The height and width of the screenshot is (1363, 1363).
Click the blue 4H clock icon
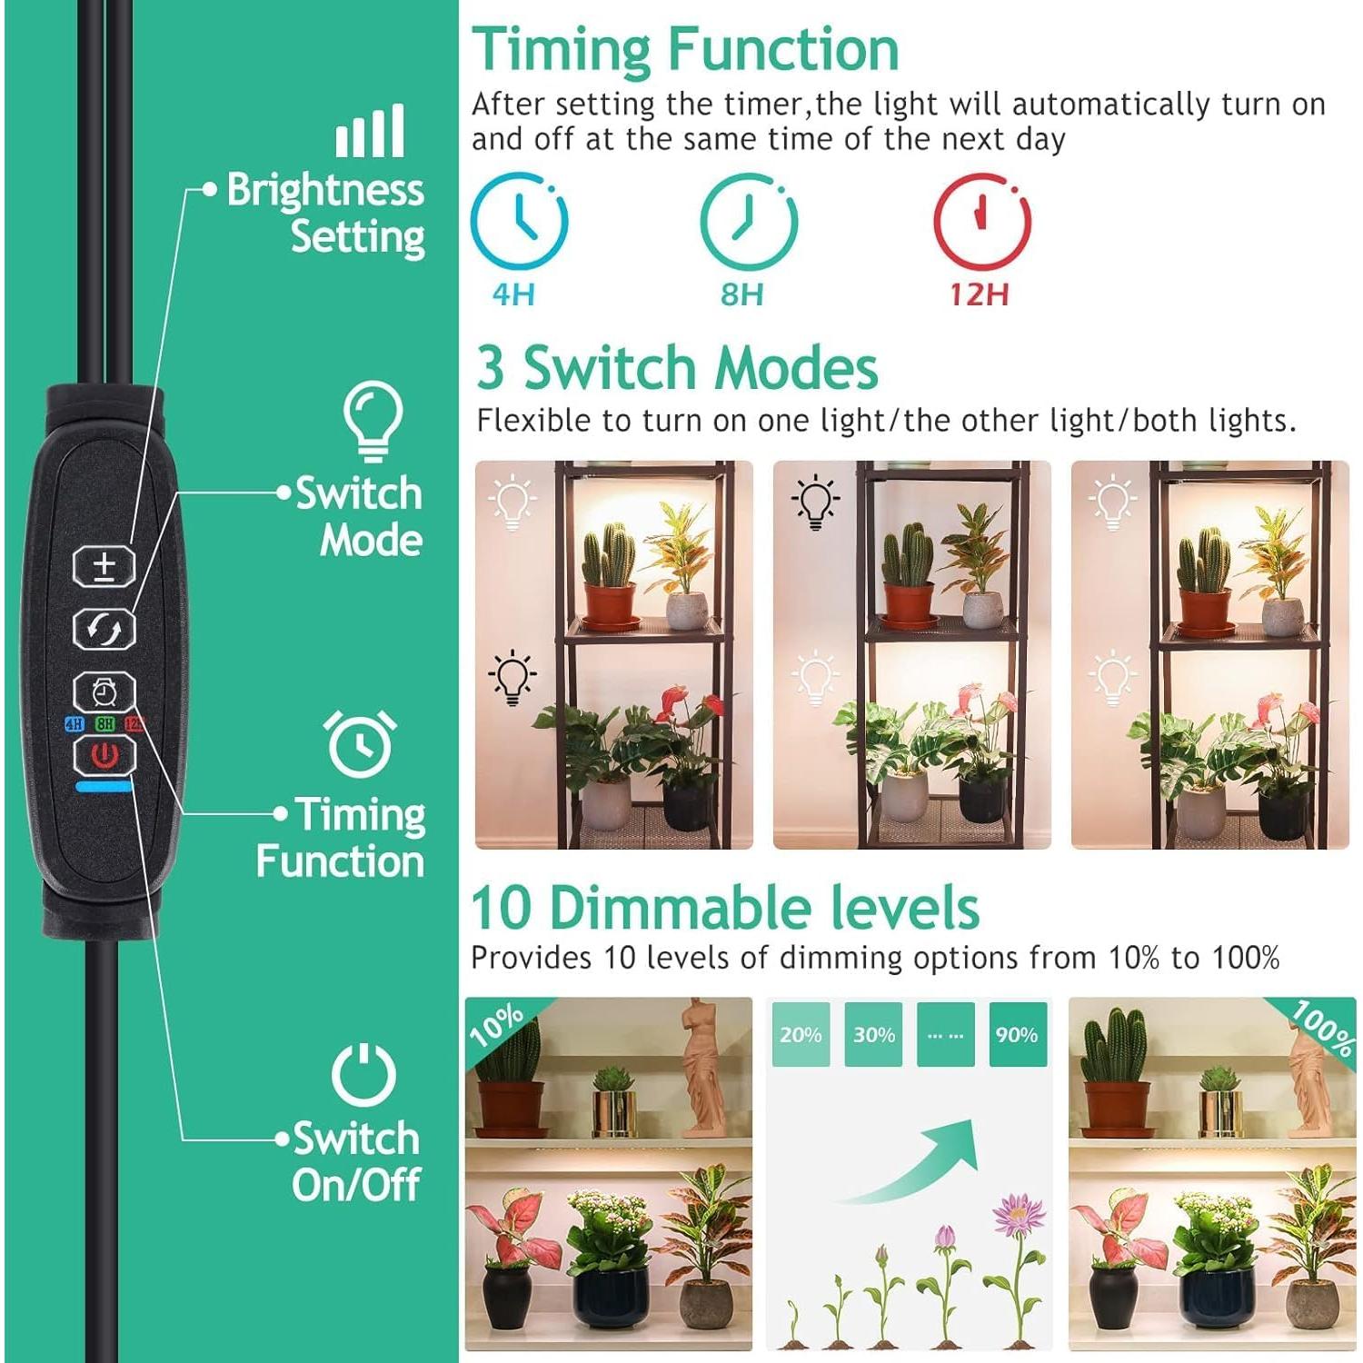519,221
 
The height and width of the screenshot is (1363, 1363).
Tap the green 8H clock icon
748,221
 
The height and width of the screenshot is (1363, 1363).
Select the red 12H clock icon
982,221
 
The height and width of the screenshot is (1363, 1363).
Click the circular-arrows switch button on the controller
104,629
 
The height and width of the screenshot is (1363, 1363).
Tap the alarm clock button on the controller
104,692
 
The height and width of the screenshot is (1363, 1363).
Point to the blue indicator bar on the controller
106,786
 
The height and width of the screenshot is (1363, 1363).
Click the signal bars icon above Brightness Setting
370,132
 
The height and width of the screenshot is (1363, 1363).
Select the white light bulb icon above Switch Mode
373,421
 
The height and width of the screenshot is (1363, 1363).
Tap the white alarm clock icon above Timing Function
361,743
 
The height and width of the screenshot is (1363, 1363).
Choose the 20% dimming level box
801,1034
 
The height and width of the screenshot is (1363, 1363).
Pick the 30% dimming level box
873,1034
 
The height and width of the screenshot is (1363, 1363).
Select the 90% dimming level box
1017,1034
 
